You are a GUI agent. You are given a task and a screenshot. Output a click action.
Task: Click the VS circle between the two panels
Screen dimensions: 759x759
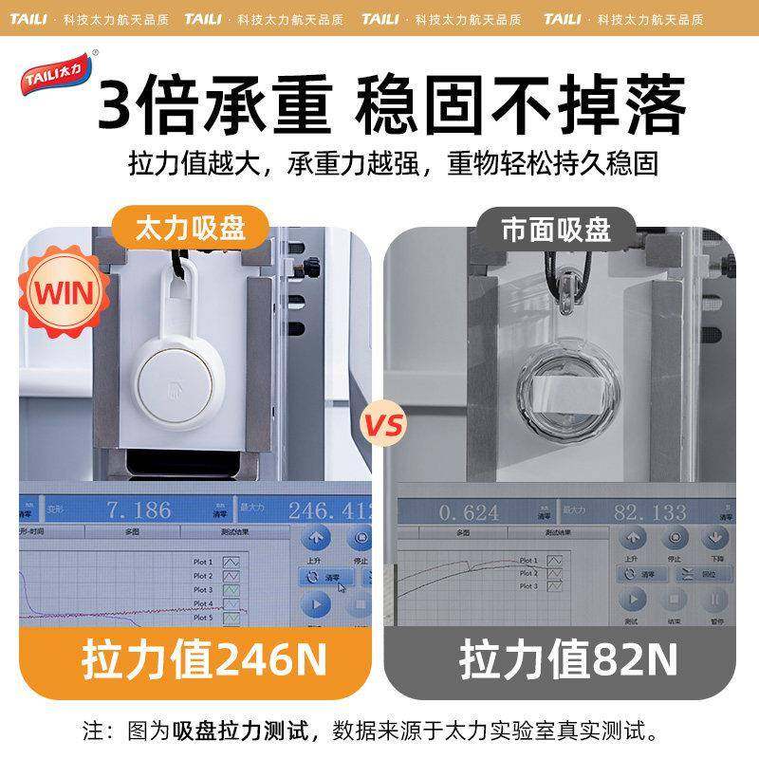pos(381,420)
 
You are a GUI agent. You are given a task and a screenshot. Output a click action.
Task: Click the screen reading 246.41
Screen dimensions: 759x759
pos(328,510)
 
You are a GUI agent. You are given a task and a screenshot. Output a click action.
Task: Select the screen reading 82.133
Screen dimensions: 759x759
pos(649,512)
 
